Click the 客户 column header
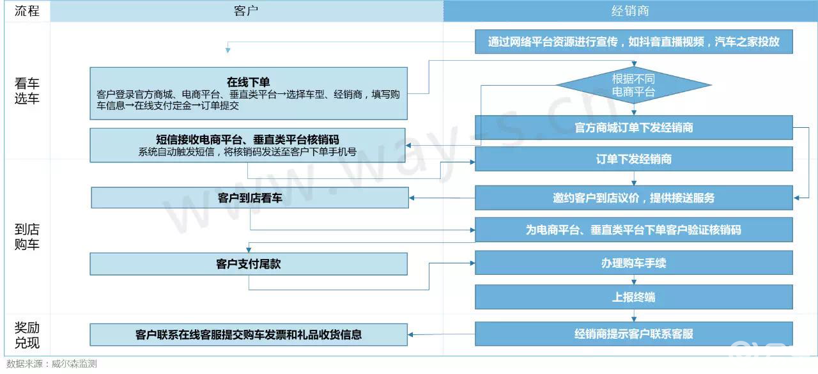246,11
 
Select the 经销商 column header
630,11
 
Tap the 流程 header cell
26,11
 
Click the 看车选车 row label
26,91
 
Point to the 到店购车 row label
26,237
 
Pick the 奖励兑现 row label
26,335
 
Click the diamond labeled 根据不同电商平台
633,85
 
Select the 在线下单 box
249,93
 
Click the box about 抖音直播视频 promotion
633,42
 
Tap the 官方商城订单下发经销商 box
633,127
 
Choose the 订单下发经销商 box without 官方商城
633,159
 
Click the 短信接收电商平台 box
249,145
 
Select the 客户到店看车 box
249,198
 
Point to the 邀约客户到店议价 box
633,198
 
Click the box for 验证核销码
633,230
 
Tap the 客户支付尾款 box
249,263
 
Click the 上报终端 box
633,297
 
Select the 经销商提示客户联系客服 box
633,334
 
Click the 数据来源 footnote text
52,364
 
